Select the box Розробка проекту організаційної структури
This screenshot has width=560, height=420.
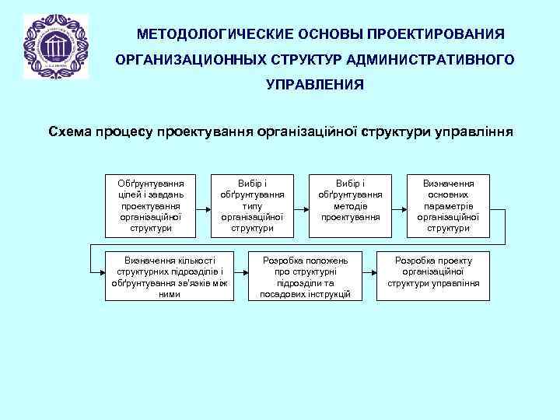tap(432, 276)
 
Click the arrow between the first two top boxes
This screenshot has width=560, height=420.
tap(202, 208)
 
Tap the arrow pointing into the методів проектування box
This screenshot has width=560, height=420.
tap(303, 208)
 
